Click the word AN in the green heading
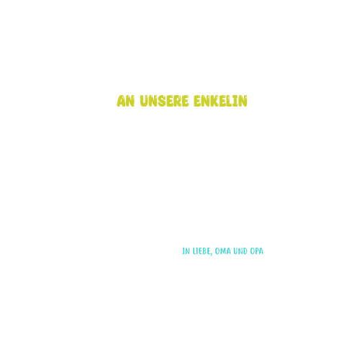tap(125, 101)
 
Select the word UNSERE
tap(164, 101)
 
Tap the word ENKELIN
tap(220, 101)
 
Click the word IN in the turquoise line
tap(186, 251)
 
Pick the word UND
tap(240, 251)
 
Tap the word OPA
tap(256, 251)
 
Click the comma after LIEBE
tap(212, 254)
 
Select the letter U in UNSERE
tap(144, 101)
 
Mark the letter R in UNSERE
tap(177, 101)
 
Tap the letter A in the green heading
tap(121, 101)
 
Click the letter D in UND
tap(245, 251)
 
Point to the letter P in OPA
tap(256, 251)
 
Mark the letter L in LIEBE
tap(194, 251)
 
